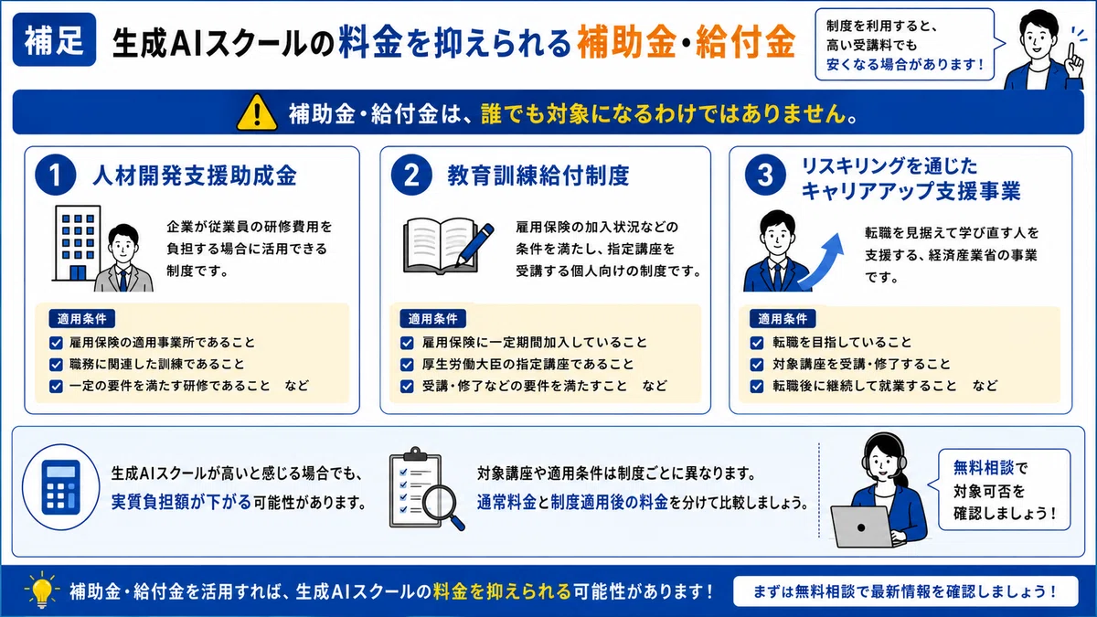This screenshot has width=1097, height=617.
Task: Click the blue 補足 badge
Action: [54, 39]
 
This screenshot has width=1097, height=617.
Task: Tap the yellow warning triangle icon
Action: [257, 113]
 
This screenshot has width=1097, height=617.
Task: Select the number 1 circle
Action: [56, 176]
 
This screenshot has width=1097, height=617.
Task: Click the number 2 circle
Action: [411, 176]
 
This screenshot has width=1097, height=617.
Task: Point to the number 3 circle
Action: [765, 176]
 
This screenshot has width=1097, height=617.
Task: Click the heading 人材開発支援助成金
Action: [195, 176]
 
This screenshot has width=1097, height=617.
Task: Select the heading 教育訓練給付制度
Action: [538, 176]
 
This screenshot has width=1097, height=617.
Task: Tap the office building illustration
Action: [77, 243]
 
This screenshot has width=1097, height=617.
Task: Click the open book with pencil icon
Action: [448, 246]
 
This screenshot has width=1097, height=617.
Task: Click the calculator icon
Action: [60, 487]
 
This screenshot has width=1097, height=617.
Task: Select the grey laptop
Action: [863, 527]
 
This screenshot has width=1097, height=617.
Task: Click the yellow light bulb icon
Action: [42, 590]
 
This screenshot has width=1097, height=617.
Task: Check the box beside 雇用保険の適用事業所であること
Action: [57, 343]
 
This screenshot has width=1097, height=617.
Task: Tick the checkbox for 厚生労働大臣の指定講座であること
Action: [407, 365]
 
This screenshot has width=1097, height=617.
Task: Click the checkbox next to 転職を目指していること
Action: [757, 343]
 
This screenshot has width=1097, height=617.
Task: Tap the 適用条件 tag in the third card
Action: [783, 319]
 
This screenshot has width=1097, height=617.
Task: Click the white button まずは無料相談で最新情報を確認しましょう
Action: [905, 591]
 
